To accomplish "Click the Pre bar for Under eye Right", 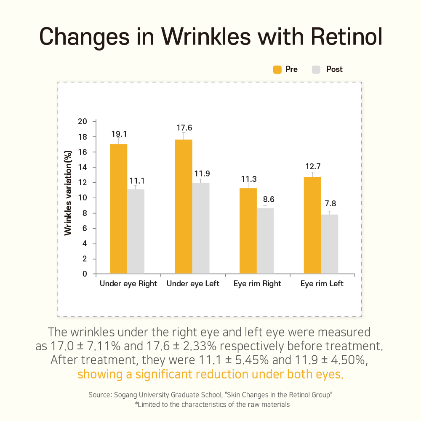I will click(118, 209).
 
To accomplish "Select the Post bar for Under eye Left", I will click(201, 228).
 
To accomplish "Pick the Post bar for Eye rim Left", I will click(330, 244).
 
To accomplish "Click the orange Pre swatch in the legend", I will click(277, 69).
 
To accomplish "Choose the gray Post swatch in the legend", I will click(317, 69).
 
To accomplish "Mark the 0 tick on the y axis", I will click(85, 274).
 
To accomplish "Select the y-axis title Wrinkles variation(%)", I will click(68, 198).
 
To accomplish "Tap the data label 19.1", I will click(119, 134).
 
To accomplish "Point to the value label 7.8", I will click(330, 204).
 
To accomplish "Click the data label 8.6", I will click(266, 199).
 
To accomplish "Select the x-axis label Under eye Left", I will click(193, 284).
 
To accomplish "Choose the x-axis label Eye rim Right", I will click(257, 284).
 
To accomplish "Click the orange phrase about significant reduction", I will click(210, 374).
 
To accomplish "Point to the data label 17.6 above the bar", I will click(184, 128).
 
